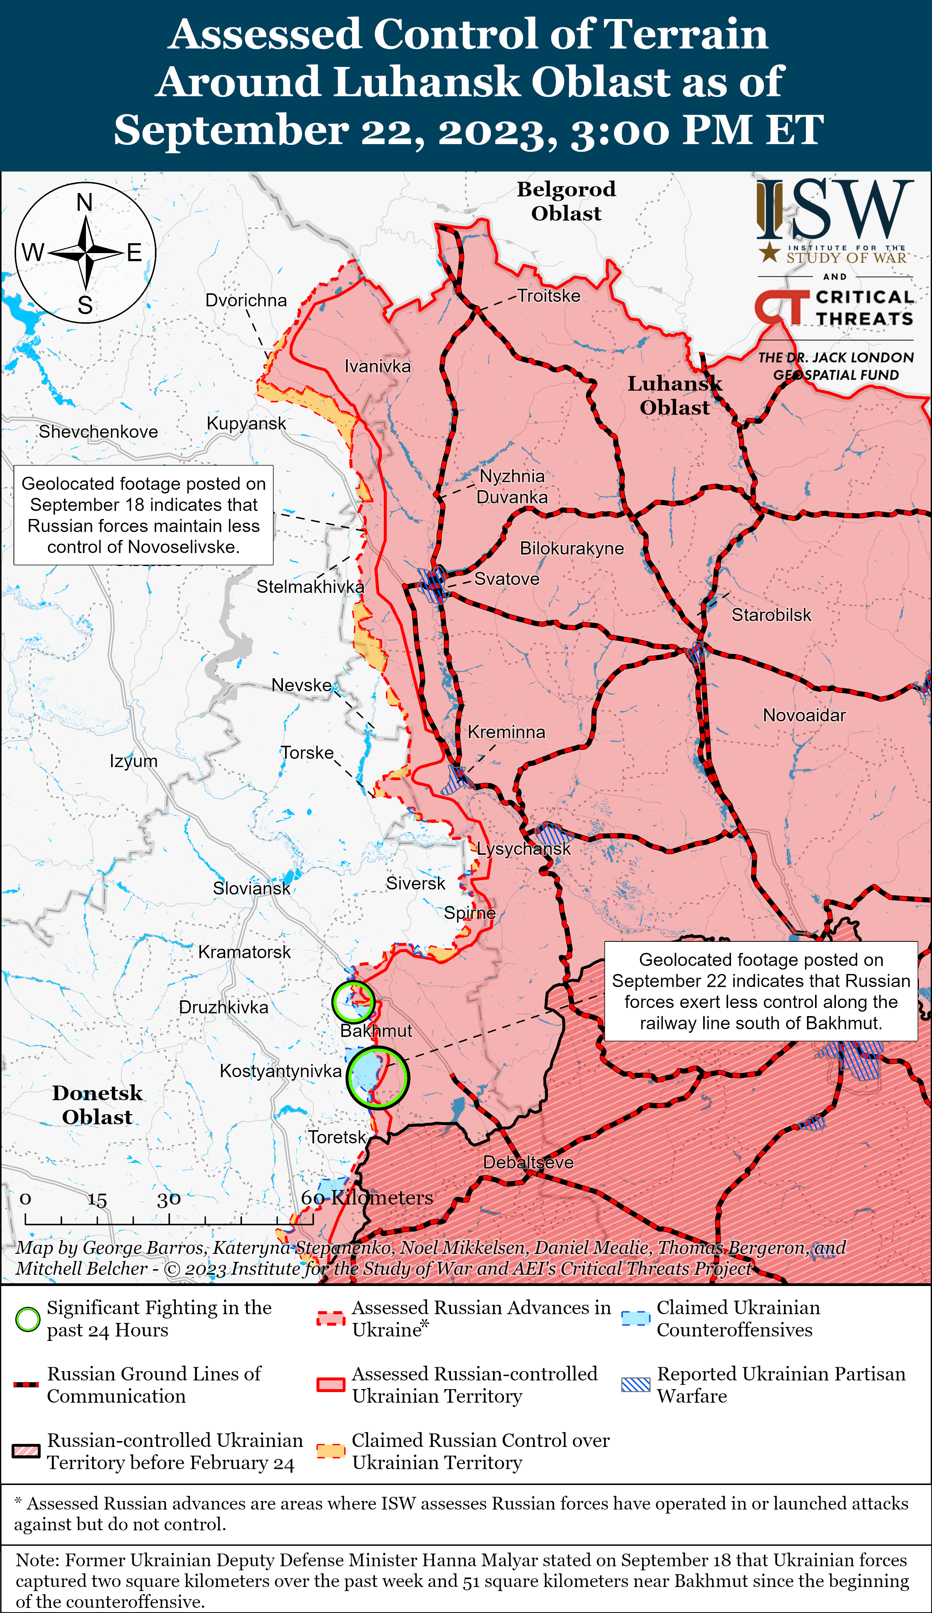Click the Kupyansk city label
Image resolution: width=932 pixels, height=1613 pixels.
tap(246, 424)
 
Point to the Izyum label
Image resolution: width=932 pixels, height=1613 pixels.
tap(133, 761)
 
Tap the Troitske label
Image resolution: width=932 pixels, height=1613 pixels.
tap(549, 296)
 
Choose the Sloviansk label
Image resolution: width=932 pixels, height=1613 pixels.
tap(251, 888)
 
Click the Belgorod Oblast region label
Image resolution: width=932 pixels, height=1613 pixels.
tap(566, 201)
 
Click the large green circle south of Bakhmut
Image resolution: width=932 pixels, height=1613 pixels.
tap(378, 1077)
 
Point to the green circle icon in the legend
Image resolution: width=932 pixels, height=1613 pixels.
tap(27, 1319)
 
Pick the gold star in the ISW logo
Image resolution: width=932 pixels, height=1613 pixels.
tap(769, 252)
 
